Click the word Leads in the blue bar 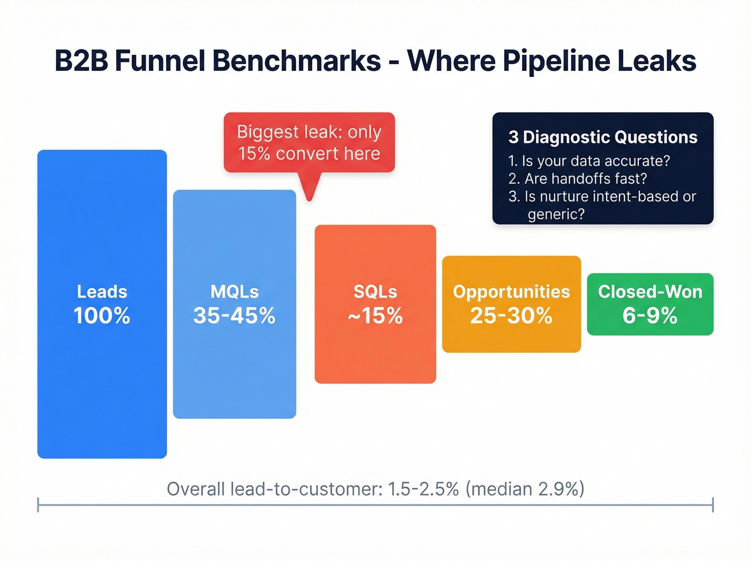coord(102,292)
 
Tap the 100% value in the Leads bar coord(102,316)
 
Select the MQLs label coord(234,292)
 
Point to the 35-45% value coord(234,316)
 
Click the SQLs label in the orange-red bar coord(375,292)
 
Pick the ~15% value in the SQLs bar coord(375,316)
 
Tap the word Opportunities coord(511,292)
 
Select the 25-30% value coord(511,316)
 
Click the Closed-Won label coord(650,292)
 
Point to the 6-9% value coord(650,316)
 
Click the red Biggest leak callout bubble coord(309,142)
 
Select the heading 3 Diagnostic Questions coord(603,137)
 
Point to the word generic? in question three coord(556,214)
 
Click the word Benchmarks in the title coord(296,61)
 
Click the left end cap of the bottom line coord(38,505)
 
